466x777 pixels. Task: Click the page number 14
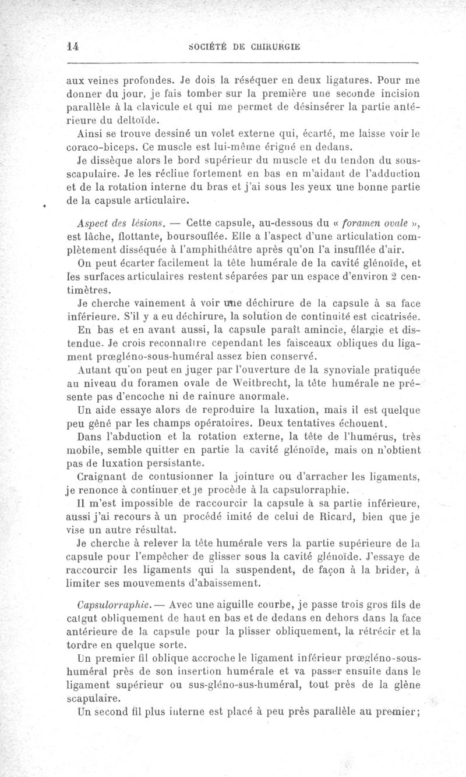pyautogui.click(x=73, y=48)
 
